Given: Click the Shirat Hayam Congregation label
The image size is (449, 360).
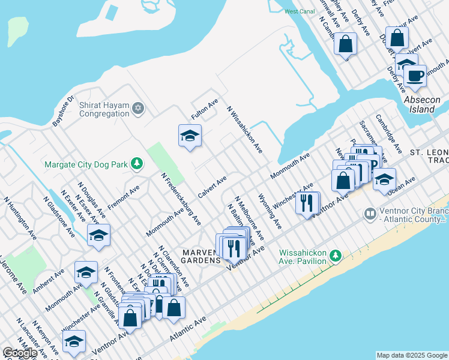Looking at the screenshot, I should [x=104, y=109].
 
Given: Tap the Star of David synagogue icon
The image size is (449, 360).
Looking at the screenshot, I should [x=139, y=108].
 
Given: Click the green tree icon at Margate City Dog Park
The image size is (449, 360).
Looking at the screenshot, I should [x=138, y=163].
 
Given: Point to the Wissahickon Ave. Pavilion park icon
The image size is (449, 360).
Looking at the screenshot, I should [x=336, y=257].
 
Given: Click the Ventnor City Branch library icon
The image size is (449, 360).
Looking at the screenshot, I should [x=370, y=213].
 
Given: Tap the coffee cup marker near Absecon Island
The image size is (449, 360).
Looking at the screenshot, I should [x=414, y=76].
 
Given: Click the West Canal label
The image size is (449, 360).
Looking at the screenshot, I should [x=299, y=11].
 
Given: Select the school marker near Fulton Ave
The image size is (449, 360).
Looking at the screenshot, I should [x=190, y=136].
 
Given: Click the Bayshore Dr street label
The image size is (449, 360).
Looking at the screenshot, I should [x=62, y=110].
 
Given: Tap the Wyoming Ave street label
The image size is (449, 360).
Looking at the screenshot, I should [x=269, y=211].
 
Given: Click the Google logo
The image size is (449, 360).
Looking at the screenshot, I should [x=20, y=352].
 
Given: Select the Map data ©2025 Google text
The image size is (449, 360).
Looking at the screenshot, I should [x=412, y=355].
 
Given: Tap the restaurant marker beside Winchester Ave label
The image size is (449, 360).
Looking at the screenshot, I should [x=307, y=203].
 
